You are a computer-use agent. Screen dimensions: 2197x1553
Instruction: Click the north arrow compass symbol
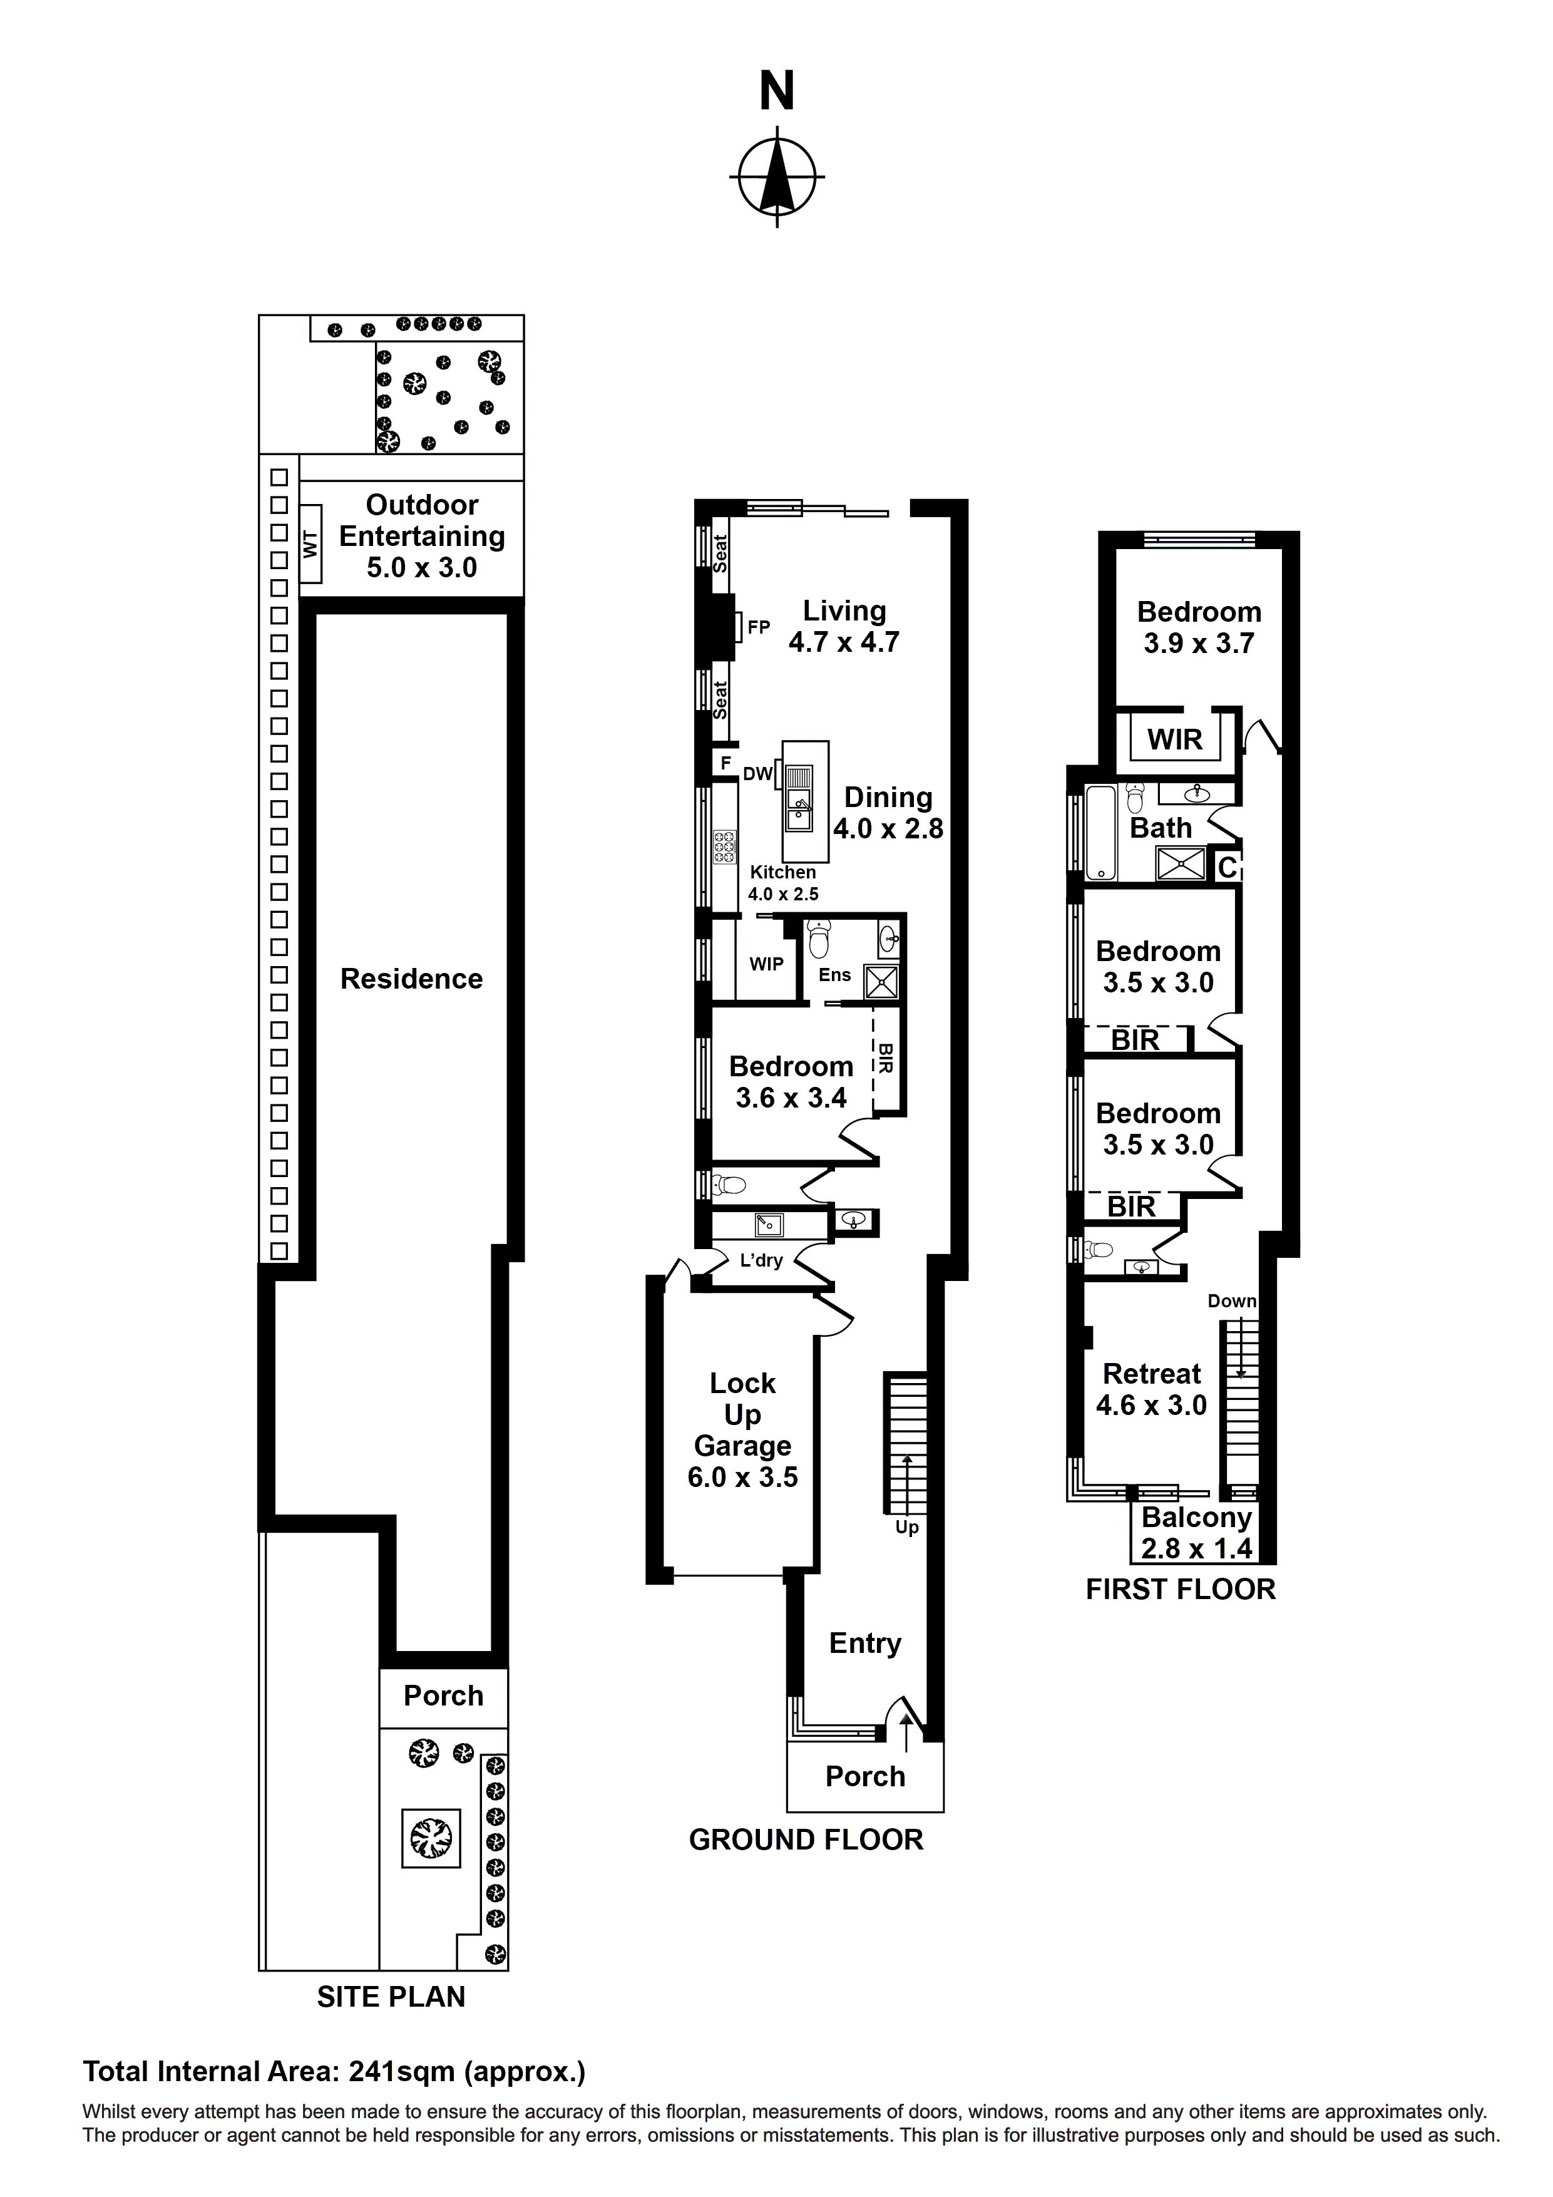coord(776,177)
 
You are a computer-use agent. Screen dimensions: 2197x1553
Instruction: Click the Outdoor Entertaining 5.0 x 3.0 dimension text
coord(421,567)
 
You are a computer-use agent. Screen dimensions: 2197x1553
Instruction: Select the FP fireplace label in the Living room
coord(758,628)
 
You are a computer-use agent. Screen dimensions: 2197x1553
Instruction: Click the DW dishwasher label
coord(757,774)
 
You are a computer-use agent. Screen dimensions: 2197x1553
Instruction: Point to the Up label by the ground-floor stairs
coord(906,1527)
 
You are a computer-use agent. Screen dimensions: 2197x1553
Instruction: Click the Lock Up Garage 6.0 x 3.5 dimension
coord(742,1478)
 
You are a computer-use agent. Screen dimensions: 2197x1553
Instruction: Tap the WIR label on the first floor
coord(1175,739)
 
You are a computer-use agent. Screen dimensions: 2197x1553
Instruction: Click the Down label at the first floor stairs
coord(1231,1302)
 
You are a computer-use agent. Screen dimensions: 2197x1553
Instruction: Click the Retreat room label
coord(1151,1374)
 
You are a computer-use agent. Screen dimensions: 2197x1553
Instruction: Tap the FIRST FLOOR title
coord(1180,1590)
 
